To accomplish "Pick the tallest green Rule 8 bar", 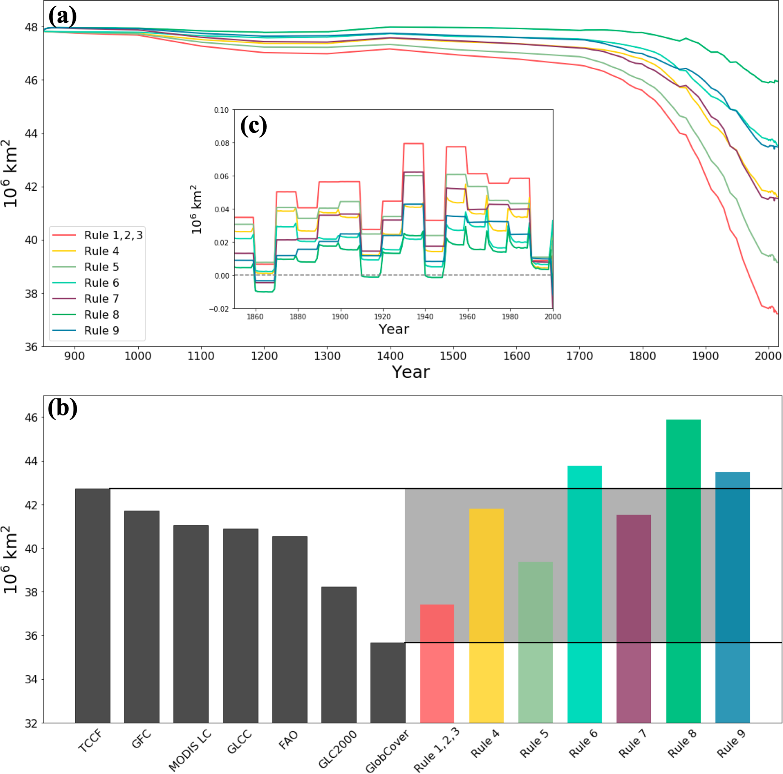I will [x=683, y=571].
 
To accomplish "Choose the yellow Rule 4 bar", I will [x=486, y=616].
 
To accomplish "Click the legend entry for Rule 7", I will [x=101, y=299].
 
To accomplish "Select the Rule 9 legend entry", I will [x=101, y=330].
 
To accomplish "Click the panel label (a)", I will [x=63, y=17].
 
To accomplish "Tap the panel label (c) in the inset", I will [x=254, y=126].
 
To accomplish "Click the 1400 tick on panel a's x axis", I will [x=390, y=357].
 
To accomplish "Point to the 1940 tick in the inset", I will [x=425, y=317].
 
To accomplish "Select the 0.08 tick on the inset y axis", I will [x=221, y=143].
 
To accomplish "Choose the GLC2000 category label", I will [x=337, y=749].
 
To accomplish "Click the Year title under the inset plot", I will [x=394, y=329].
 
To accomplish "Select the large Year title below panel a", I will [x=411, y=372].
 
